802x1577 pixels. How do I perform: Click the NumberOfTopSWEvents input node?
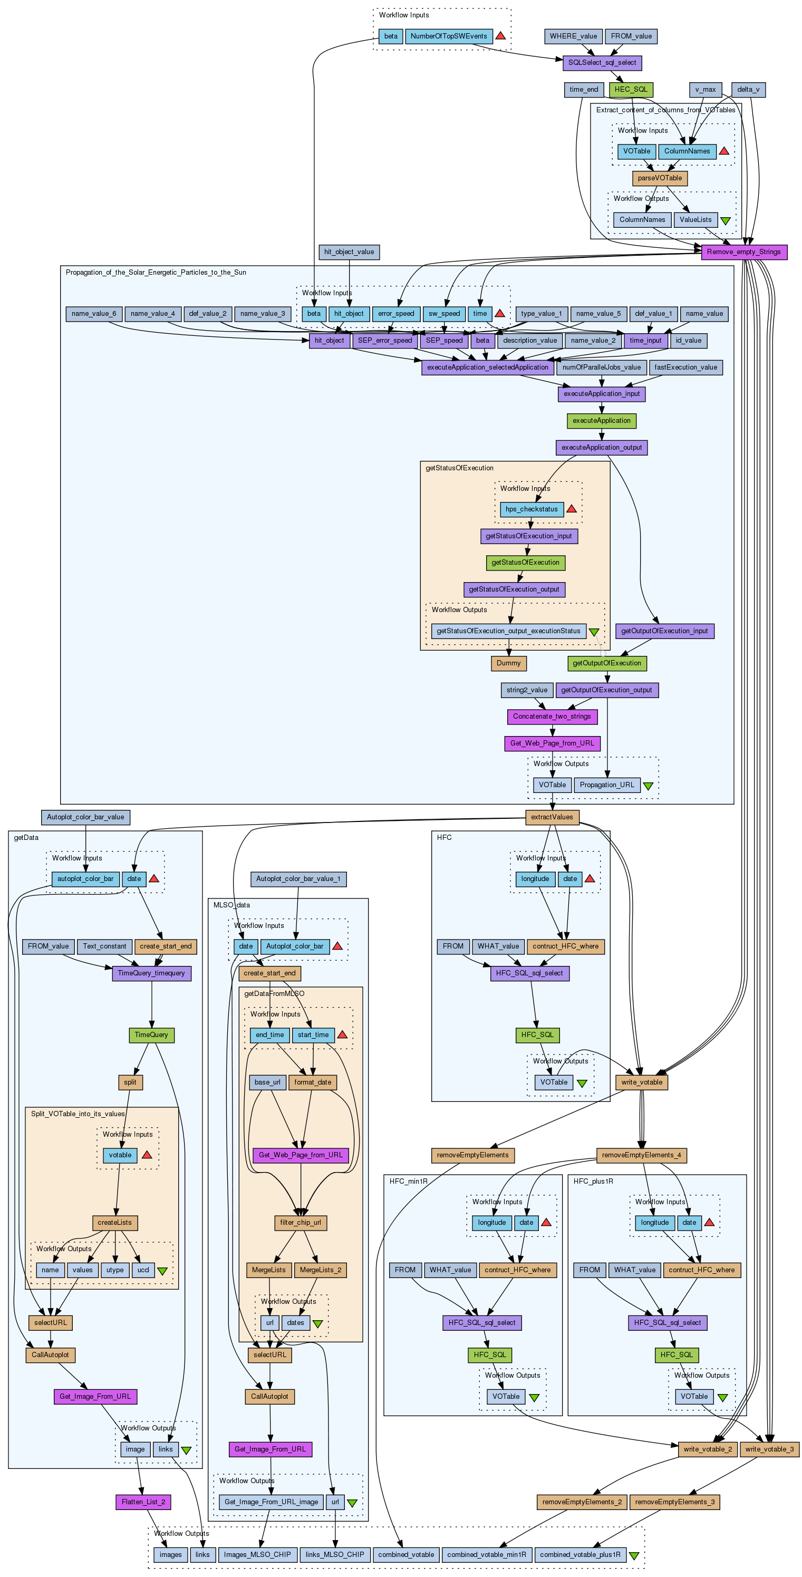(x=448, y=36)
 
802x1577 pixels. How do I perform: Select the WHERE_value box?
(x=573, y=36)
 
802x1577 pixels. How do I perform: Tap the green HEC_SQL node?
(x=631, y=90)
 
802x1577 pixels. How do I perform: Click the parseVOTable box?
(x=659, y=178)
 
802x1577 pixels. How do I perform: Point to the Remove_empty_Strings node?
(x=743, y=251)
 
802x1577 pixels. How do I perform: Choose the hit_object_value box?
(x=349, y=251)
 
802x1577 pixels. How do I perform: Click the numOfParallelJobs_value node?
(x=601, y=367)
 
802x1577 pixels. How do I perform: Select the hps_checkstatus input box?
(x=532, y=509)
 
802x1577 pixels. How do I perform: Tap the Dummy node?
(x=508, y=663)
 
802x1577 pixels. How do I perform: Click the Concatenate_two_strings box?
(x=552, y=716)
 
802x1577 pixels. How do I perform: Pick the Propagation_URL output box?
(x=607, y=785)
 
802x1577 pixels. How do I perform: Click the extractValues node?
(x=552, y=817)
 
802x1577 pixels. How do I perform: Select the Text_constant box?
(x=104, y=946)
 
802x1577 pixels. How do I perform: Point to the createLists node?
(x=114, y=1223)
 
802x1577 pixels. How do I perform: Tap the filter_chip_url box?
(x=300, y=1223)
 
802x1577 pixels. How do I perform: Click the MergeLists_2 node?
(x=320, y=1270)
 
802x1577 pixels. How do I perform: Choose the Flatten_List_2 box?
(x=143, y=1502)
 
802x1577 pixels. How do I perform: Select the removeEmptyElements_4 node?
(x=641, y=1155)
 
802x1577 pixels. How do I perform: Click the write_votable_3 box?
(x=769, y=1449)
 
